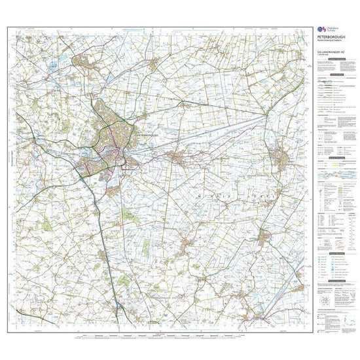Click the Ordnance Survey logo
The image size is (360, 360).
321,29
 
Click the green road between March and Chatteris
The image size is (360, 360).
274,196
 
